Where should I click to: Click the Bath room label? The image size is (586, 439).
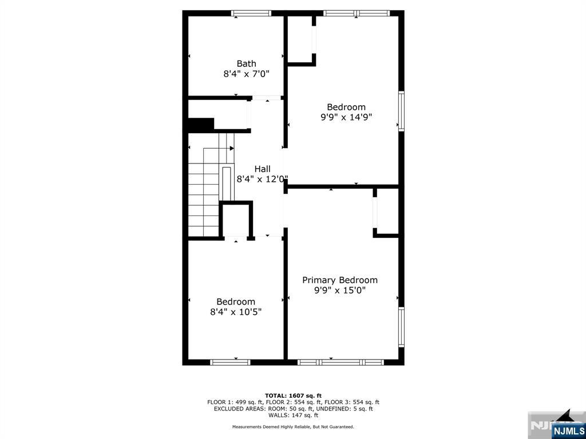point(246,63)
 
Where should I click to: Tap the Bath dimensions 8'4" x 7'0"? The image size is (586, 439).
point(246,74)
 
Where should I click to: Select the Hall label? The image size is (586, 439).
point(262,169)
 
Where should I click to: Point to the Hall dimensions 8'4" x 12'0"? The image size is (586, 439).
point(262,179)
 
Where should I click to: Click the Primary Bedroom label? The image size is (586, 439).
point(340,280)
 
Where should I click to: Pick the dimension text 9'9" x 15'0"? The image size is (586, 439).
point(340,290)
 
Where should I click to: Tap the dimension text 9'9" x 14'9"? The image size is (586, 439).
point(346,117)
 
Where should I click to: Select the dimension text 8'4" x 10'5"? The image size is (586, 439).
point(235,312)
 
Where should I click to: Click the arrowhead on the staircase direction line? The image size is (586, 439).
point(232,148)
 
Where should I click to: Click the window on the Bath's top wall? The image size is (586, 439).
point(251,14)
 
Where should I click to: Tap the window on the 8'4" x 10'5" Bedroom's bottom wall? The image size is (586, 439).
point(230,362)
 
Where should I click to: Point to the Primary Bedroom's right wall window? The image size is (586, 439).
point(401,327)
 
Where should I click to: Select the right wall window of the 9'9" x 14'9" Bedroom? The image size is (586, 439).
point(401,111)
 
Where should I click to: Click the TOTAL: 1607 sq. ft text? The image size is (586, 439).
point(293,396)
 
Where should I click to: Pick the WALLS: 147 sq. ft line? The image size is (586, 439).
point(293,415)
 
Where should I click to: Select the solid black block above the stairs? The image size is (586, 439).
point(200,124)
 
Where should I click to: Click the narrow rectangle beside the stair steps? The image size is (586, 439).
point(227,183)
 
